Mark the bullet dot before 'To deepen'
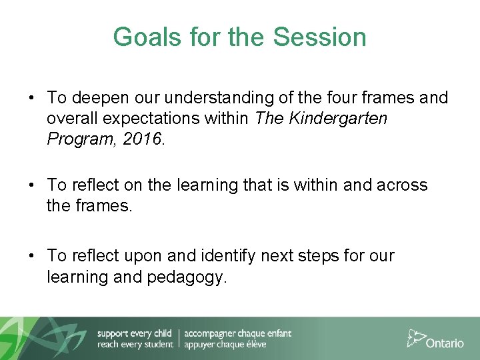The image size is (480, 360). [31, 99]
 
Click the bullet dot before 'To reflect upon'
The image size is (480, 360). [31, 256]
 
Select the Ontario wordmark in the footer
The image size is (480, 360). [445, 343]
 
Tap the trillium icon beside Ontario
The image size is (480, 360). [415, 337]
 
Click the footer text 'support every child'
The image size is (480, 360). [135, 333]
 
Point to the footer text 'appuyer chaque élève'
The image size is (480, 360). [225, 345]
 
